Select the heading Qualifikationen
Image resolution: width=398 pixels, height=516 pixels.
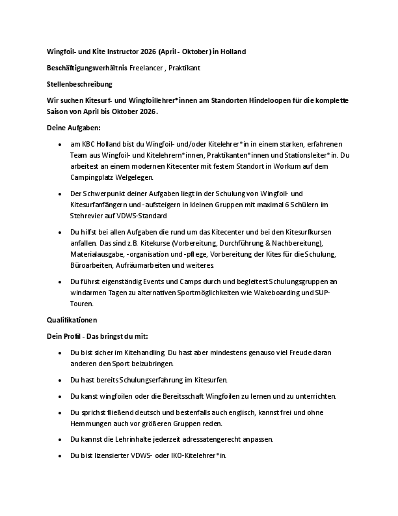point(72,320)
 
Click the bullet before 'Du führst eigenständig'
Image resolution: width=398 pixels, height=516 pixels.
point(60,281)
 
